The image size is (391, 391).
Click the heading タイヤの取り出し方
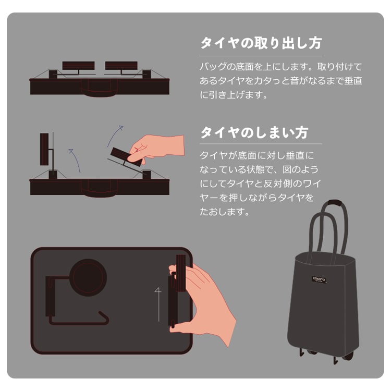click(x=261, y=43)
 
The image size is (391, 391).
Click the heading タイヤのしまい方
click(x=254, y=132)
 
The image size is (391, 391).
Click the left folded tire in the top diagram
click(x=78, y=66)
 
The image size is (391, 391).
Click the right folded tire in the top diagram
click(x=121, y=66)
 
